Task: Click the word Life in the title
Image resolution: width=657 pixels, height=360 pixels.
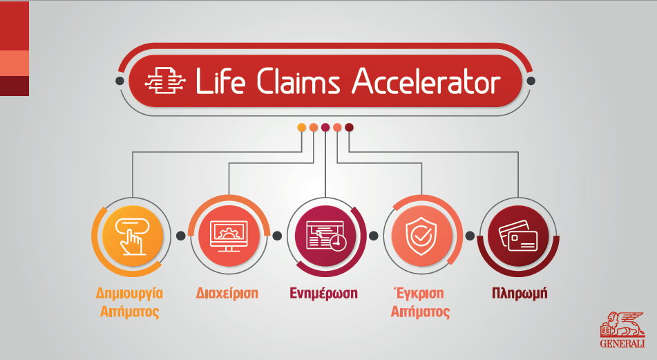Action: coord(220,81)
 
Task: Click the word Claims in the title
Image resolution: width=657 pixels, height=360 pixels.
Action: coord(298,81)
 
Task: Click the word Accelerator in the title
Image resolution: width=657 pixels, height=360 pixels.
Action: coord(426,81)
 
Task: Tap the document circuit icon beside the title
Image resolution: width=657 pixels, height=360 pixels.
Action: coord(165,81)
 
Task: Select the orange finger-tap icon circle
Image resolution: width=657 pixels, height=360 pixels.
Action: coord(133,236)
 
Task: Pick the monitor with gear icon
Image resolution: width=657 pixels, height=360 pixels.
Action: coord(229,236)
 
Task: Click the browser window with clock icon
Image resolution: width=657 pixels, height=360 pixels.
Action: coord(325,236)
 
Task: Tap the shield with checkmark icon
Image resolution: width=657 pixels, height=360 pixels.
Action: coord(421,236)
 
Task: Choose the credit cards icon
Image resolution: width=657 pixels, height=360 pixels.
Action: coord(518,236)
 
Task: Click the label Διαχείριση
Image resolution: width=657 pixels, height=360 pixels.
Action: coord(227,293)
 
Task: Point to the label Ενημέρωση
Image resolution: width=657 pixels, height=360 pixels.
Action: coord(323,294)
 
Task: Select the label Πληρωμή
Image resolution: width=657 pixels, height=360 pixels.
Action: coord(520,294)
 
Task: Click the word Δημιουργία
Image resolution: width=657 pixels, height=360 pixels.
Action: coord(129,294)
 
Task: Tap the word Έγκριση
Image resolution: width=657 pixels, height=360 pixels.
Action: coord(419,293)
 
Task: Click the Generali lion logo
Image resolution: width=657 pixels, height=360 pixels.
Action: coord(622,330)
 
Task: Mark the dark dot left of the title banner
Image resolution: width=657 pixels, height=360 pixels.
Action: coord(120,81)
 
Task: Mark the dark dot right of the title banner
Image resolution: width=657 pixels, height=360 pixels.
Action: coord(531,81)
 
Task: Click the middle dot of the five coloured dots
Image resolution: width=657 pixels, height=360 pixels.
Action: coord(325,127)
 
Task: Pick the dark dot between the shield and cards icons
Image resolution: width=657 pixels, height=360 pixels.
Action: coord(470,236)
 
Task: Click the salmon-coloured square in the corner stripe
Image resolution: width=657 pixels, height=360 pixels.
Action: coord(15,64)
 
